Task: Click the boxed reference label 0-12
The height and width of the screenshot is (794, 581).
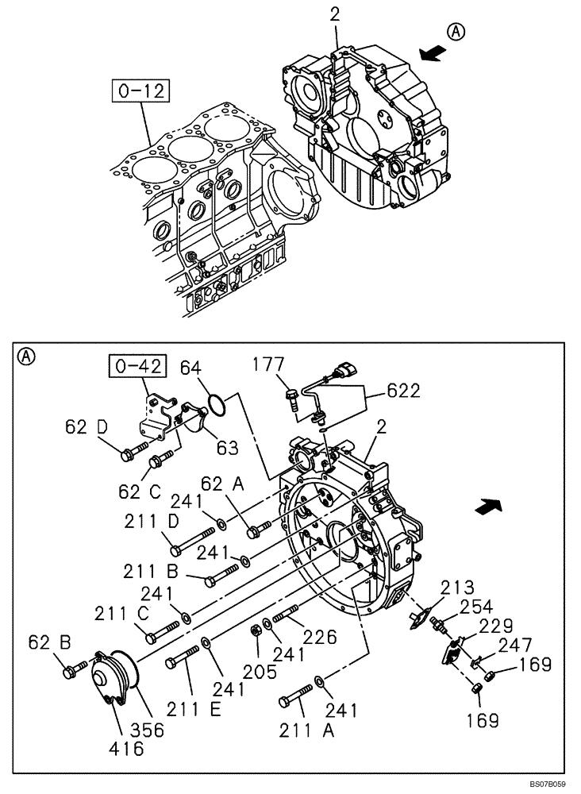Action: [142, 91]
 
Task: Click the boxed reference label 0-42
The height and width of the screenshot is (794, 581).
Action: [138, 367]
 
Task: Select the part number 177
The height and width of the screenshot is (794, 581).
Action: [269, 364]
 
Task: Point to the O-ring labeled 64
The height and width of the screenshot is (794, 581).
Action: [217, 407]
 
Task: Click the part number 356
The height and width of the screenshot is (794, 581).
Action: [148, 729]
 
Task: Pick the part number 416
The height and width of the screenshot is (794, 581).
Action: [127, 747]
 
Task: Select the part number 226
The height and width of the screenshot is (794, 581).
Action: [321, 637]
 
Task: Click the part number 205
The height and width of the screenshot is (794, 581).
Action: [260, 673]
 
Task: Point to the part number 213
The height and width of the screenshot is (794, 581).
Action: [459, 588]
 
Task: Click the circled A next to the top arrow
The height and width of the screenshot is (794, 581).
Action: [456, 33]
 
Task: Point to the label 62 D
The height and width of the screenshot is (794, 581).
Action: [86, 428]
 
